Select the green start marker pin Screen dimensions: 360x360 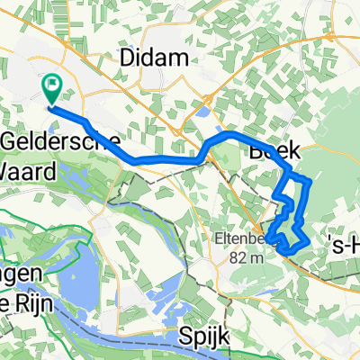point(51,88)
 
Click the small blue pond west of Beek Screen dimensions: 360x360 point(199,113)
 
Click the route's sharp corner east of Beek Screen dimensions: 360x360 point(309,182)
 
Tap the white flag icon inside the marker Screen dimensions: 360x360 point(51,85)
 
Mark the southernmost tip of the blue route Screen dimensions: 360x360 point(287,248)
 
